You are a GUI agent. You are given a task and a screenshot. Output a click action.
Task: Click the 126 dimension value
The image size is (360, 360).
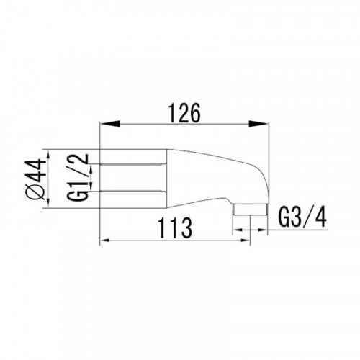184,113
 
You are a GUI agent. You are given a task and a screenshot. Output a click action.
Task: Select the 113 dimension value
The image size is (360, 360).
176,228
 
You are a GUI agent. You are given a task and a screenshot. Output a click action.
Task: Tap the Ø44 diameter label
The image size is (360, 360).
37,179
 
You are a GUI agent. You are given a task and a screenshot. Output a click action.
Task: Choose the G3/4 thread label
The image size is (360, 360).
302,217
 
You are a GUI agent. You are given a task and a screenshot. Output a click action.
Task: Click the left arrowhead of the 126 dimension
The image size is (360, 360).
109,124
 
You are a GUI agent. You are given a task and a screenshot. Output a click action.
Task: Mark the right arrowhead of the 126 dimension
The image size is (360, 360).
258,124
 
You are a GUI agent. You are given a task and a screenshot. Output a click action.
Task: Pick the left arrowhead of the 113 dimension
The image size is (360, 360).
105,240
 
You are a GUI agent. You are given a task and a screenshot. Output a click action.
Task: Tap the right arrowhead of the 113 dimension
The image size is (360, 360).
245,240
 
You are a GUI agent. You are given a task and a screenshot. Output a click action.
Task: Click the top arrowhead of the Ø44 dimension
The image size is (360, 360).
48,155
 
